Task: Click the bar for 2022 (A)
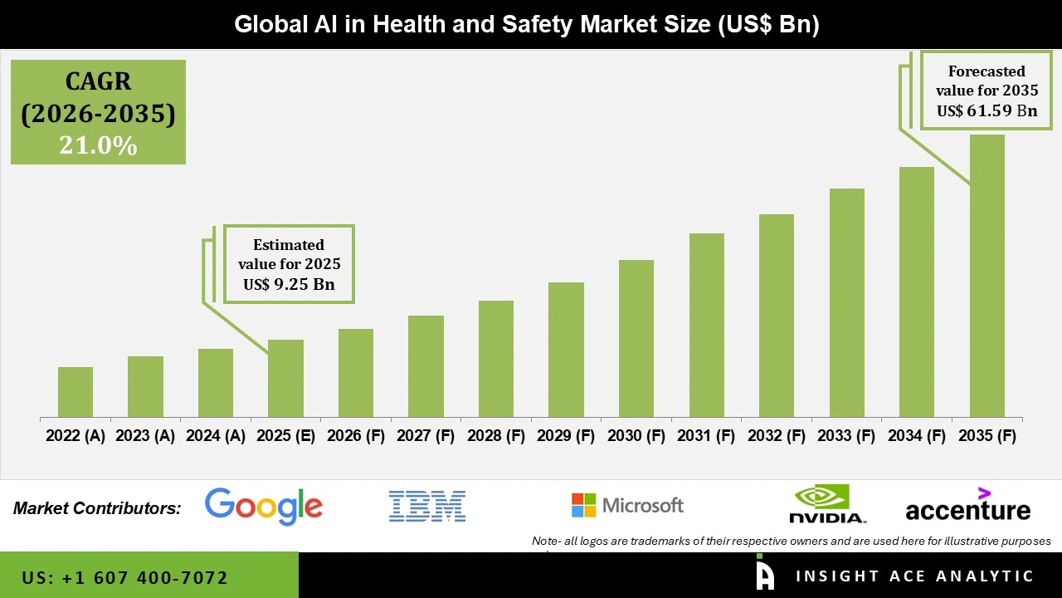pyautogui.click(x=76, y=392)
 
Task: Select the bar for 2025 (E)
pyautogui.click(x=285, y=379)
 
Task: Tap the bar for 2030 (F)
pyautogui.click(x=636, y=339)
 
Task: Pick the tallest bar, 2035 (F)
pyautogui.click(x=986, y=276)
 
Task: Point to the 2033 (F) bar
pyautogui.click(x=847, y=303)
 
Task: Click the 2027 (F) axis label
pyautogui.click(x=426, y=435)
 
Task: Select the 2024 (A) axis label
pyautogui.click(x=216, y=435)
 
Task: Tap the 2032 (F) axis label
pyautogui.click(x=777, y=435)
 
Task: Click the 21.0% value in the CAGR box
pyautogui.click(x=98, y=145)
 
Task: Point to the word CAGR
pyautogui.click(x=98, y=81)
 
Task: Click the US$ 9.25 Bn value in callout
pyautogui.click(x=289, y=284)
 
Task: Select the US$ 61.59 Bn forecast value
pyautogui.click(x=986, y=110)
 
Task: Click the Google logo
pyautogui.click(x=264, y=506)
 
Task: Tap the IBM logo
pyautogui.click(x=427, y=506)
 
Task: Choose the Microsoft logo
pyautogui.click(x=627, y=505)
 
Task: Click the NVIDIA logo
pyautogui.click(x=827, y=504)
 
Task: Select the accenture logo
pyautogui.click(x=967, y=507)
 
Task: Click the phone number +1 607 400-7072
pyautogui.click(x=125, y=577)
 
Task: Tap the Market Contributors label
pyautogui.click(x=97, y=508)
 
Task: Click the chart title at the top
pyautogui.click(x=527, y=25)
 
